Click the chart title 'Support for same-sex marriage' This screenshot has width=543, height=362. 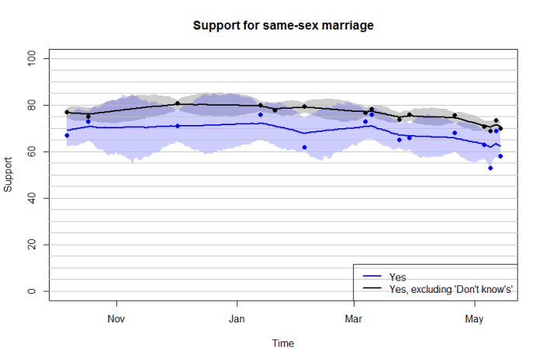283,26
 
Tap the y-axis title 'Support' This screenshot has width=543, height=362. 9,176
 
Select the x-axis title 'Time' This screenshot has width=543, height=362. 282,343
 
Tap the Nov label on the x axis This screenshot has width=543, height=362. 116,318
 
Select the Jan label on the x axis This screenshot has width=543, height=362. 237,318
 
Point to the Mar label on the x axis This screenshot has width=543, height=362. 354,318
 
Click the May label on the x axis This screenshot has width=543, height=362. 473,318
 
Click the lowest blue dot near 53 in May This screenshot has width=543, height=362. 490,168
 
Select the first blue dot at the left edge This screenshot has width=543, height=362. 67,135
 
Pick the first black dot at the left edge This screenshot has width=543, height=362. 67,112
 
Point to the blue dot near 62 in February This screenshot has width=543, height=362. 304,147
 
